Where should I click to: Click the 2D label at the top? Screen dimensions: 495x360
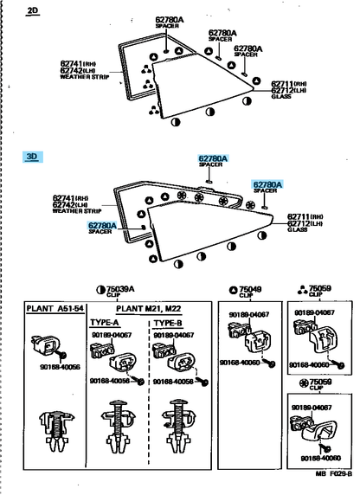pos(33,11)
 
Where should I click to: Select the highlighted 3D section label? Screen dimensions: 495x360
pos(33,157)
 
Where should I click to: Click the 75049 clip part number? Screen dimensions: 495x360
pos(250,289)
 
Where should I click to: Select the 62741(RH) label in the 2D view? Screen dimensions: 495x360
pos(79,62)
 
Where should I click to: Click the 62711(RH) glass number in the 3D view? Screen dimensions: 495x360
pos(304,216)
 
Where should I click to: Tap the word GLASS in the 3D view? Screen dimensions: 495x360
pos(298,230)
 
